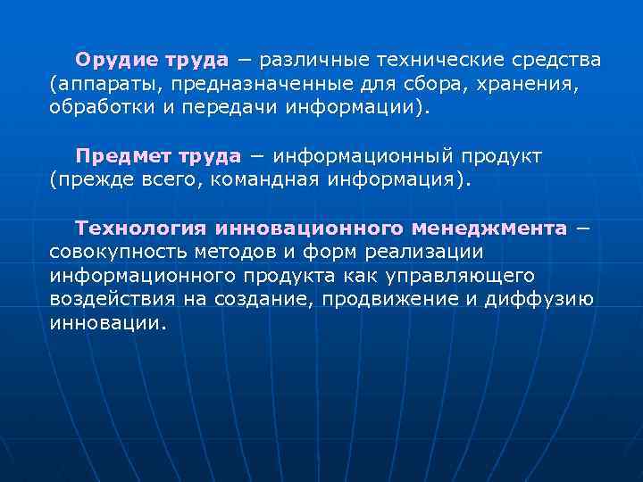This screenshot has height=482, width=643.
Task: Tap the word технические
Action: (439, 60)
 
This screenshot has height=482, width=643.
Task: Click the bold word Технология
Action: (140, 229)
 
